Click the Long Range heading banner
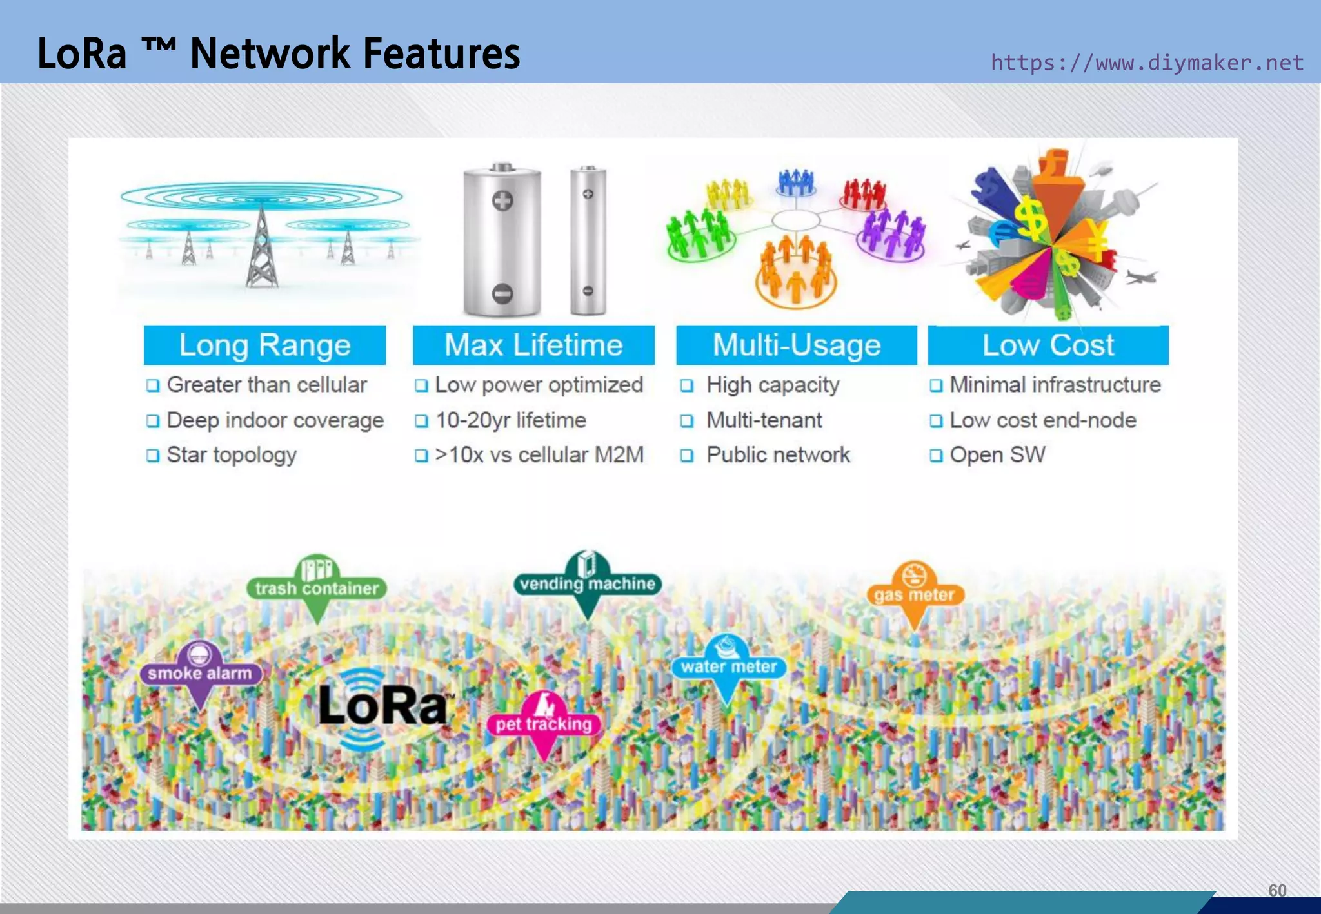[264, 345]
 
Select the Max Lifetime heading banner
[533, 345]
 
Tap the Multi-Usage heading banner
[796, 345]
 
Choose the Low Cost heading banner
[1048, 345]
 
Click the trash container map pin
[317, 587]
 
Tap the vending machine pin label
[587, 584]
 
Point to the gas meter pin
[914, 594]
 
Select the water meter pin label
[729, 666]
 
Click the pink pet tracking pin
[544, 724]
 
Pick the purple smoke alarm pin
[200, 673]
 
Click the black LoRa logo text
[383, 706]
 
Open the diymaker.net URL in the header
[1147, 63]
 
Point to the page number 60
[1277, 890]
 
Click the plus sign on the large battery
[502, 200]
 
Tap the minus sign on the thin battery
[588, 291]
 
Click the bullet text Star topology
[232, 455]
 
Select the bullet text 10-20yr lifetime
[511, 420]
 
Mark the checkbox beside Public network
[687, 456]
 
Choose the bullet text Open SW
[997, 455]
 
